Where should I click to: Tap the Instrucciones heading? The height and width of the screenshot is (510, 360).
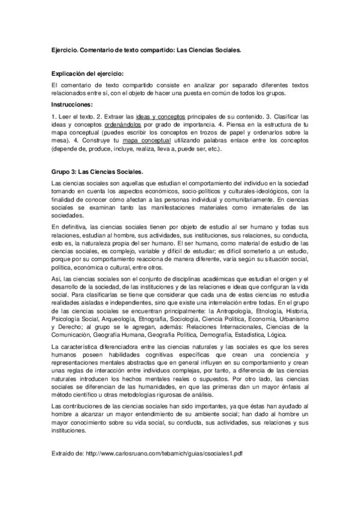[76, 104]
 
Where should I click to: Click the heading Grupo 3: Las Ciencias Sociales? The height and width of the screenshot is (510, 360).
[97, 171]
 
